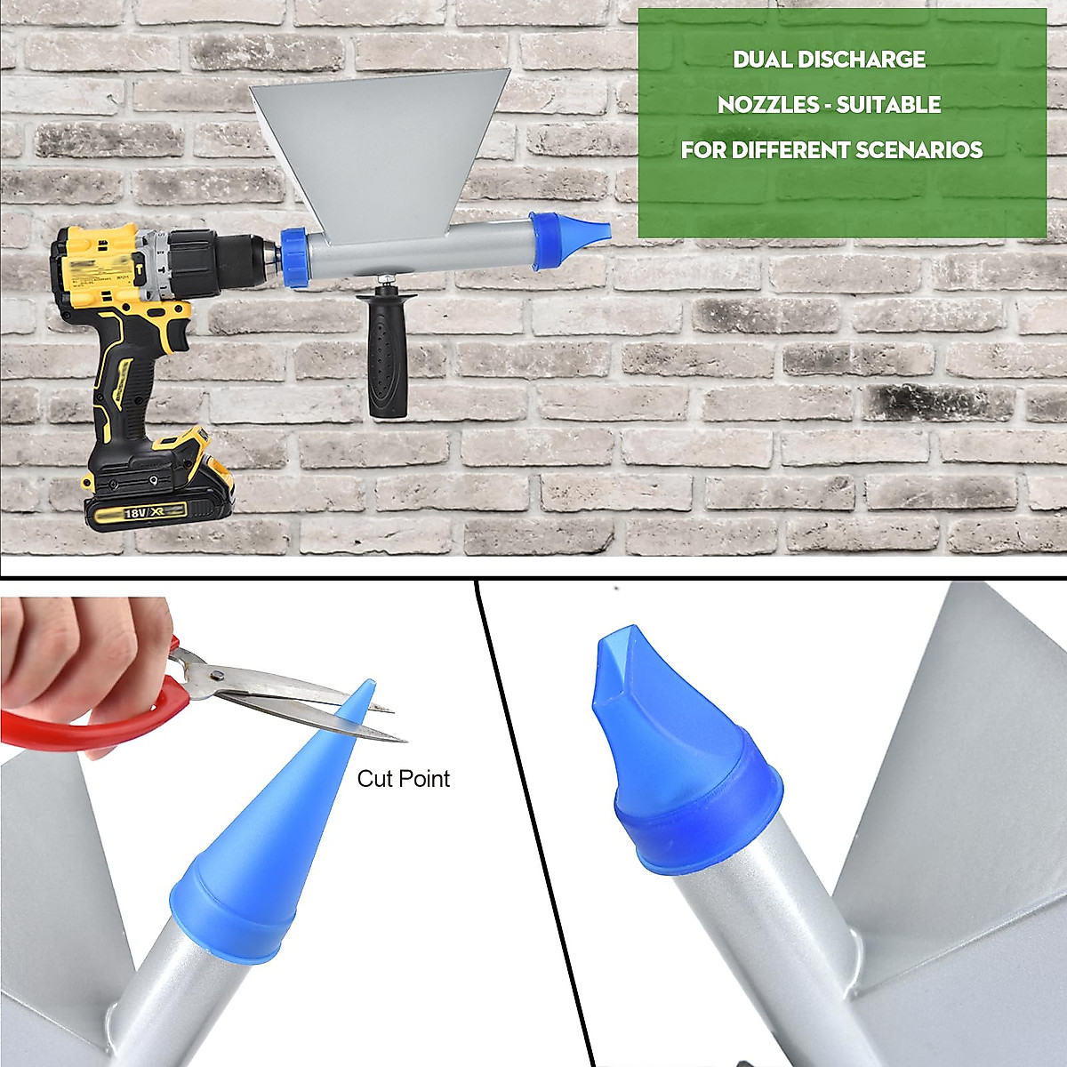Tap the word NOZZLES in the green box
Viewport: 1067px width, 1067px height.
pyautogui.click(x=761, y=105)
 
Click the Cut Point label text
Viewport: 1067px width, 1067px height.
pyautogui.click(x=403, y=779)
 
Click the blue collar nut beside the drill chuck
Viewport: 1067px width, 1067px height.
pyautogui.click(x=296, y=256)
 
